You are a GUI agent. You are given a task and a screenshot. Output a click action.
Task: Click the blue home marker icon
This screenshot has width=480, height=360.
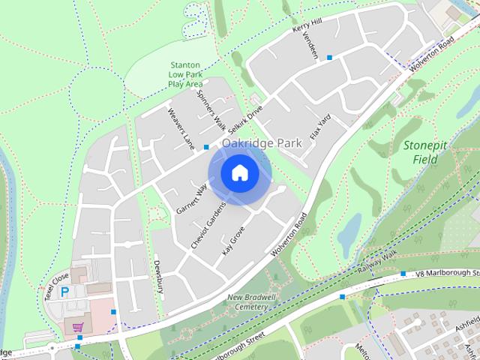tap(239, 173)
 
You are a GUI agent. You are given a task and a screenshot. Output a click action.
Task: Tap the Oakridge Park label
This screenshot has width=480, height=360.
tap(261, 142)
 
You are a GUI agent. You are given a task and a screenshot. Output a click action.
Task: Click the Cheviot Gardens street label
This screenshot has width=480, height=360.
tap(208, 226)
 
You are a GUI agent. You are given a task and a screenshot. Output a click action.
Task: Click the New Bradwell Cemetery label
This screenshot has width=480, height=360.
tap(247, 302)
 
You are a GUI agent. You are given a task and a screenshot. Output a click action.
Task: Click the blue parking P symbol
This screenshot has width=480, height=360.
tap(64, 292)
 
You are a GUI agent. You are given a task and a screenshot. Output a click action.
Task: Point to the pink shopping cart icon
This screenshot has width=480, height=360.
tap(77, 328)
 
